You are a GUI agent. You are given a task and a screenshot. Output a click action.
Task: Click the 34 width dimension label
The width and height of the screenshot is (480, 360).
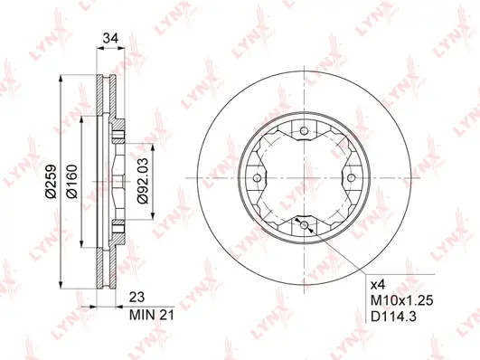point(110,39)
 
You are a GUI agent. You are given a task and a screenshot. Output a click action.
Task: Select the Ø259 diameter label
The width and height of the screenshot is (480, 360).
point(52,181)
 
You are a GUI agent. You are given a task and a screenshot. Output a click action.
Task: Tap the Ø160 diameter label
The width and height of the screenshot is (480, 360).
point(72,181)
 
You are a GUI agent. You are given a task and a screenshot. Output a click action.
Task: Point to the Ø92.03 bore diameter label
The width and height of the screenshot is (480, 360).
point(143,181)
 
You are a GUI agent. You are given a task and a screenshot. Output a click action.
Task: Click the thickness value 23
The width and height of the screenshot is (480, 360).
point(136,298)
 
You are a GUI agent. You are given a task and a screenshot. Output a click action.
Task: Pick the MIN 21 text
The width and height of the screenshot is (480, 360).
point(152,315)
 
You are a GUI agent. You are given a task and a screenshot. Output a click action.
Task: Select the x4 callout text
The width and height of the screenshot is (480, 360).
point(378,286)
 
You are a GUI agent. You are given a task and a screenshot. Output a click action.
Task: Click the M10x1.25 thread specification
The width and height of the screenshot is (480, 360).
point(402,301)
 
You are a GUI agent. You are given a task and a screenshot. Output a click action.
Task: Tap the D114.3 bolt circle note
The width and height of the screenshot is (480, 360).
point(394,317)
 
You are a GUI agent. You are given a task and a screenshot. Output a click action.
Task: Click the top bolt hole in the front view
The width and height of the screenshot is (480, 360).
point(304,131)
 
